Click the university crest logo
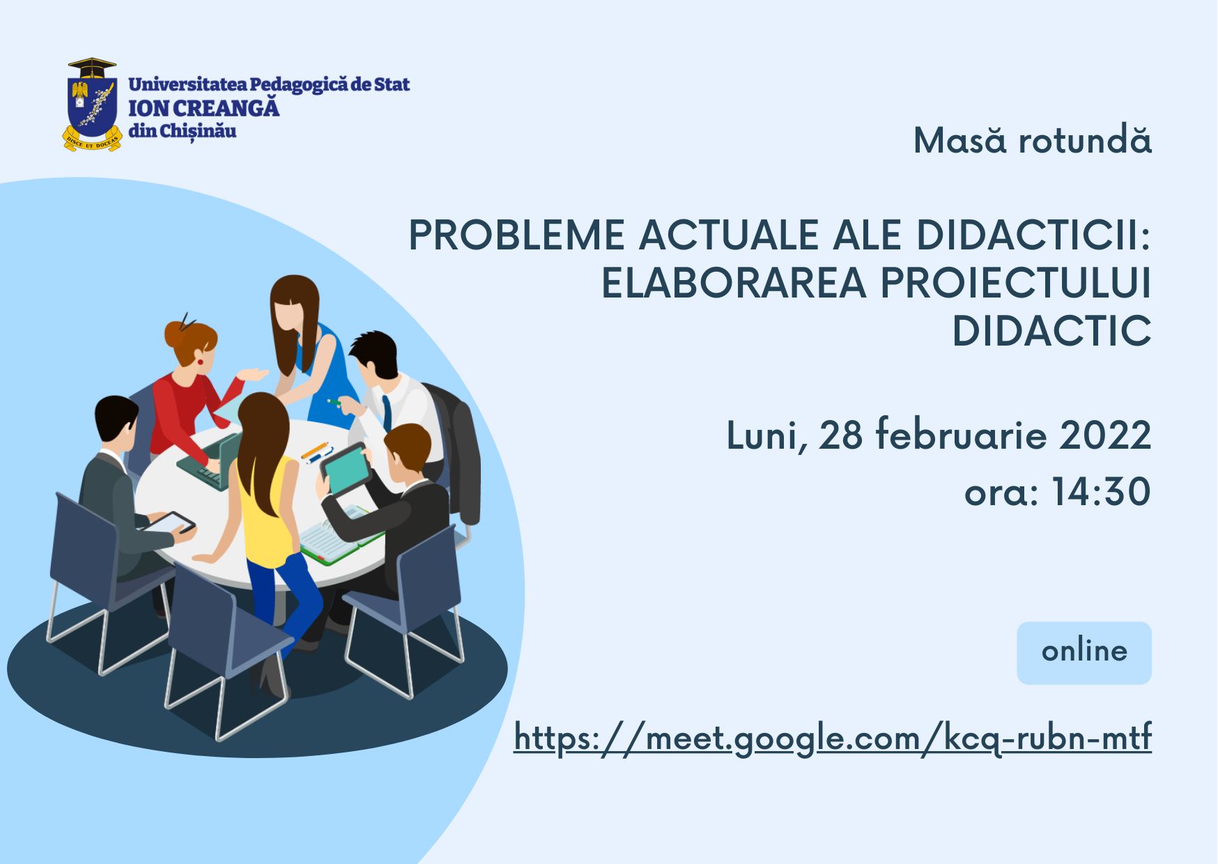coord(92,105)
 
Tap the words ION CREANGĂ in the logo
coord(203,108)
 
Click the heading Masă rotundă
coord(1032,140)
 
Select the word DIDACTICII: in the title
coord(1033,235)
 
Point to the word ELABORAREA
coord(733,283)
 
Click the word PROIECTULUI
coord(1016,283)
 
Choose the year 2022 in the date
coord(1105,435)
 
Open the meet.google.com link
coord(833,737)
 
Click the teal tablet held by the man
coord(347,468)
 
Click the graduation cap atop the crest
coord(92,68)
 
